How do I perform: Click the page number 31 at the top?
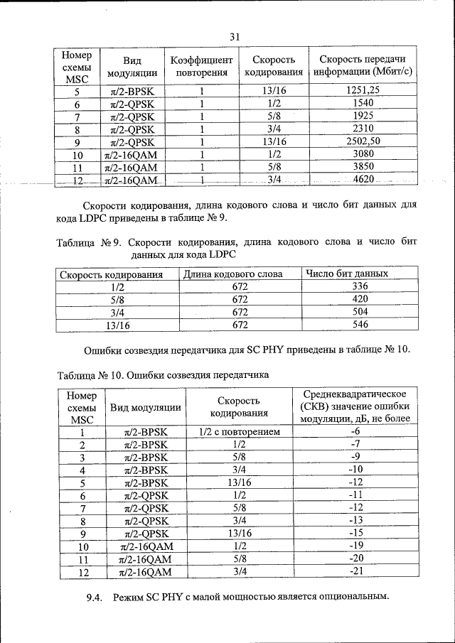235,37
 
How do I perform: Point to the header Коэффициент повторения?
202,65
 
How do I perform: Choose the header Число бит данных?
346,274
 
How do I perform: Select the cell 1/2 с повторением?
238,431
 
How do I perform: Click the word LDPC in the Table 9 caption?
219,254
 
